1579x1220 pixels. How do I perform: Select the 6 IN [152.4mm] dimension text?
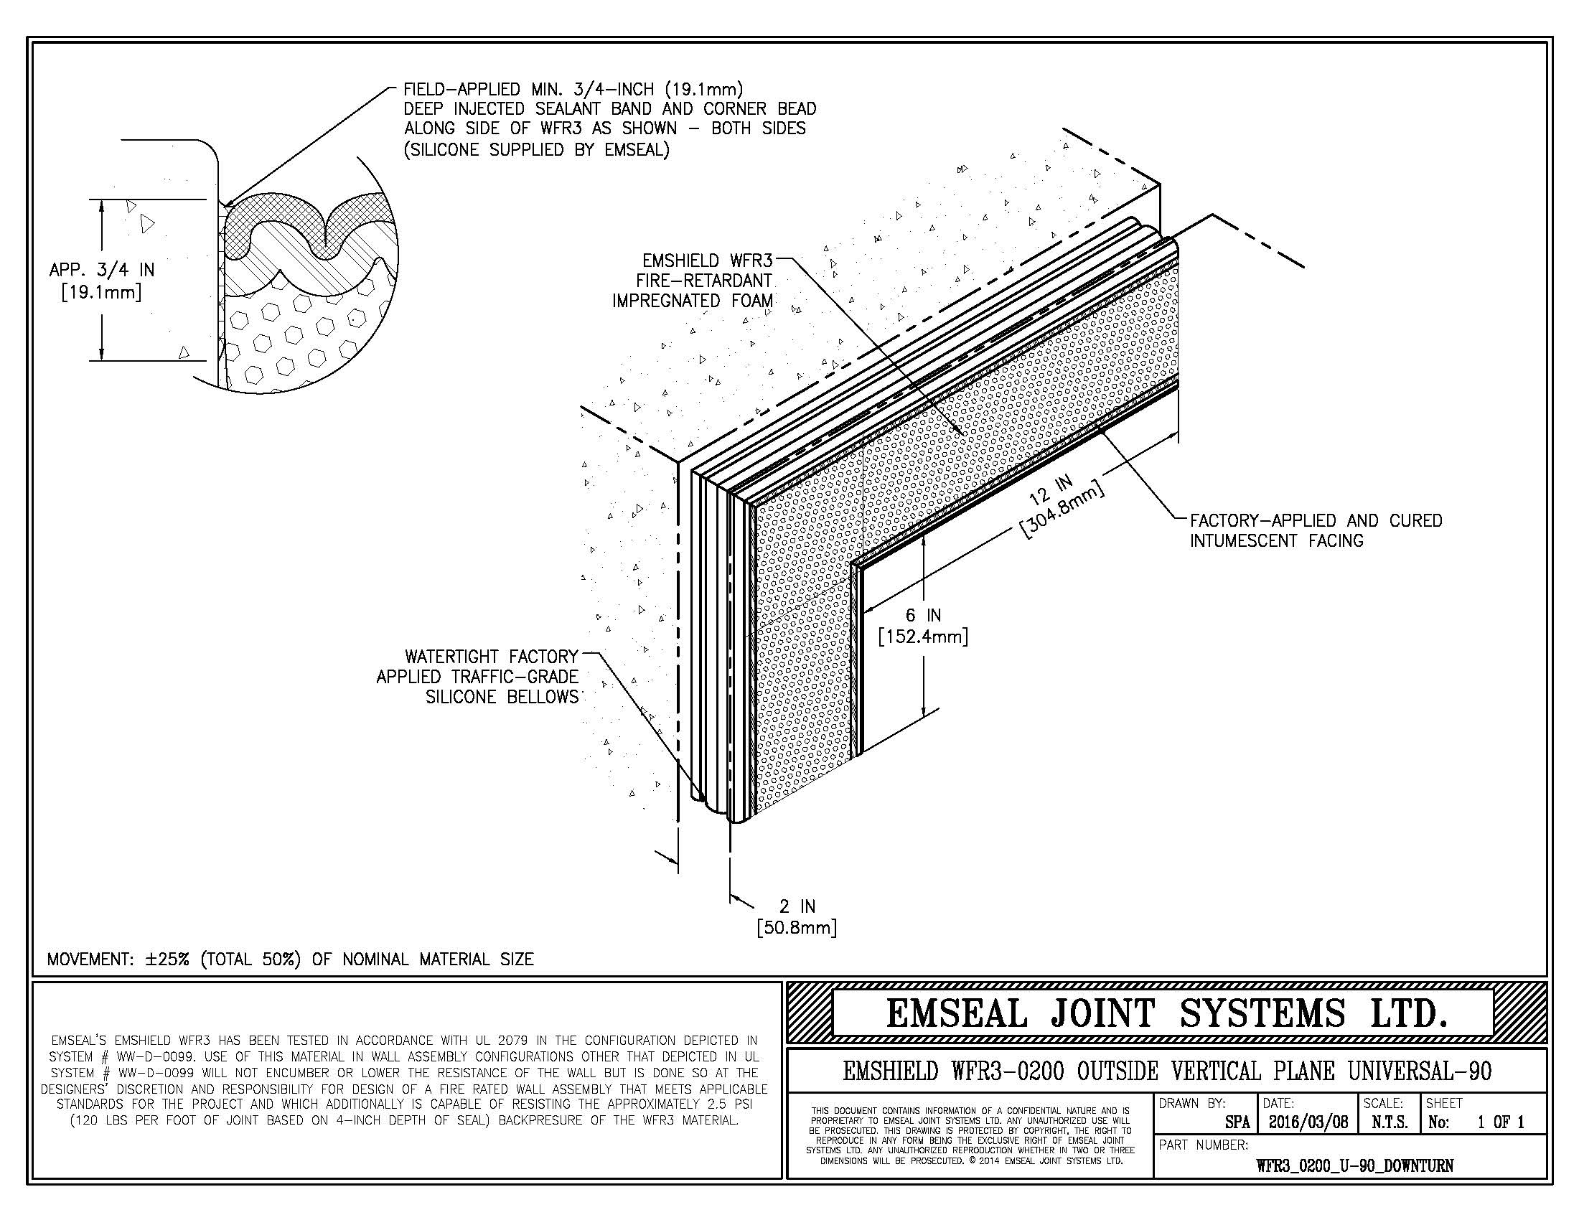[922, 626]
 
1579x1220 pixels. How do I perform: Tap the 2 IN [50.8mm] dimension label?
[797, 917]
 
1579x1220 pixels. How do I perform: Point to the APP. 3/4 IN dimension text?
[102, 281]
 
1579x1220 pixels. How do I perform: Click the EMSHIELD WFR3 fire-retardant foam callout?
[693, 281]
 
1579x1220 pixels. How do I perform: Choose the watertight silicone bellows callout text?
[478, 677]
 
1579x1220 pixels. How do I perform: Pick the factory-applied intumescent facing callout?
[1316, 530]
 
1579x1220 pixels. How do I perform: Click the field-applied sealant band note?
[609, 119]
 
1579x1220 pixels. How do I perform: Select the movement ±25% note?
[290, 959]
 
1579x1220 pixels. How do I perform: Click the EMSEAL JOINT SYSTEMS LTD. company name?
[1166, 1013]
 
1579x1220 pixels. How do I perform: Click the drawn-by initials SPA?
[1237, 1122]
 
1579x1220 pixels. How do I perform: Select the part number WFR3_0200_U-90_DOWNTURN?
[1354, 1165]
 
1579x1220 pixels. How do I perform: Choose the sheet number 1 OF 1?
[1500, 1122]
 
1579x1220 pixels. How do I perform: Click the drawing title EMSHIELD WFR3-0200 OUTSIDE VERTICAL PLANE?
[1166, 1071]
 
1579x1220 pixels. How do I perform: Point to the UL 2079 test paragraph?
[404, 1081]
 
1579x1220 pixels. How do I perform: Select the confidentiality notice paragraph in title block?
[970, 1135]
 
